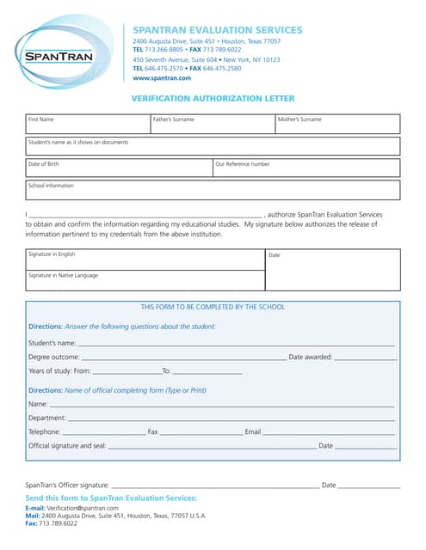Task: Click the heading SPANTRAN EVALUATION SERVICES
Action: pos(217,30)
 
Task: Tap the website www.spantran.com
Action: pos(162,77)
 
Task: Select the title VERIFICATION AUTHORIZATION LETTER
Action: pos(213,99)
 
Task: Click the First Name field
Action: pos(87,125)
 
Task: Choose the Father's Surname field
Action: pos(212,125)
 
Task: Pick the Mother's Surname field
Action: pos(336,125)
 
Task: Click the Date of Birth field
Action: pos(119,168)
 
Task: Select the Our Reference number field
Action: pos(306,168)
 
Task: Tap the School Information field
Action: pos(213,190)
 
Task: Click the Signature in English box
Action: pos(145,260)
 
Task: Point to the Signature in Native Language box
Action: pos(145,280)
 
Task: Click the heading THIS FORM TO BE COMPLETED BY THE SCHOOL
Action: pos(213,307)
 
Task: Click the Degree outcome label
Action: pos(54,357)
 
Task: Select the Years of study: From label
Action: pos(59,371)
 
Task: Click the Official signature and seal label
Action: pos(67,446)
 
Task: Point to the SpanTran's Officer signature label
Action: pos(67,486)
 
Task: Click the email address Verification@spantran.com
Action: pos(82,508)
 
